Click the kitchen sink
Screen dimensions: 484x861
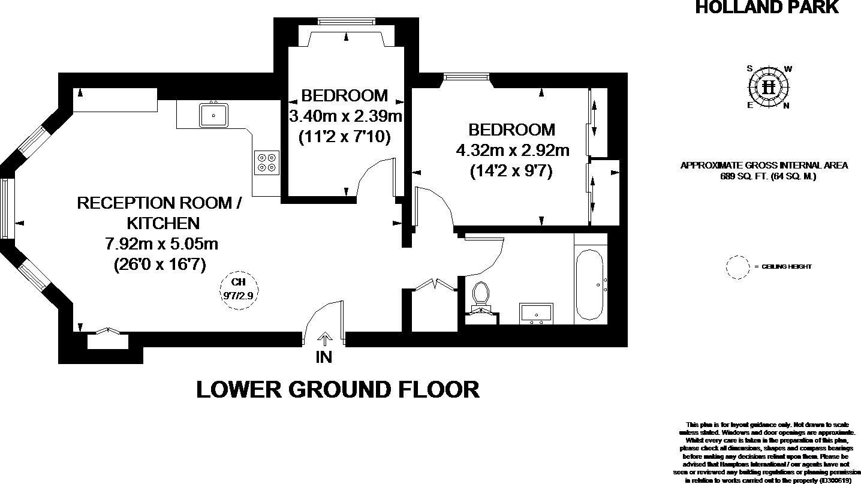[213, 115]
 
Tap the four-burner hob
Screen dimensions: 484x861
[266, 161]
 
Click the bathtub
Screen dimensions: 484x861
[589, 285]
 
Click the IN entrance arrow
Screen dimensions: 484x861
[324, 340]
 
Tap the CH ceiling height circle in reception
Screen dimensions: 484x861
[239, 290]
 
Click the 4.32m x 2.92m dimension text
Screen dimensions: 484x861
[512, 150]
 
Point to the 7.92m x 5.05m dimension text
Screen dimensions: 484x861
[161, 244]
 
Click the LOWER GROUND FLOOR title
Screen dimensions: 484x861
[338, 390]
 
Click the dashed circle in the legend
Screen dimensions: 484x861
[737, 266]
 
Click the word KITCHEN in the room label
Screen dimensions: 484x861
[162, 223]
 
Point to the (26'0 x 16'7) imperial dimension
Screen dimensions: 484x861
[160, 264]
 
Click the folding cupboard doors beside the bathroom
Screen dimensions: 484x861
[435, 283]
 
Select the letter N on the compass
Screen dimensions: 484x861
[787, 106]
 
